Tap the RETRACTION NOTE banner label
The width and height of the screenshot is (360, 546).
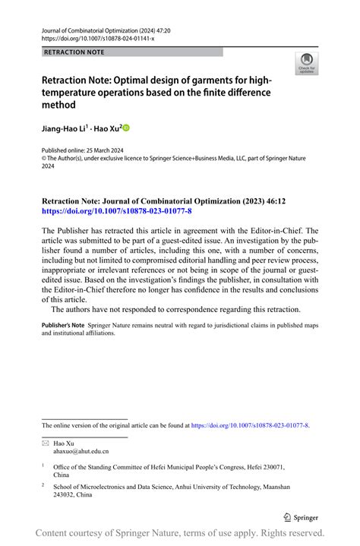click(x=74, y=52)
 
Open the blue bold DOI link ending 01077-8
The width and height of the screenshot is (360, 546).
click(x=116, y=210)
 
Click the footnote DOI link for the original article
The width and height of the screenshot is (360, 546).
click(x=250, y=425)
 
